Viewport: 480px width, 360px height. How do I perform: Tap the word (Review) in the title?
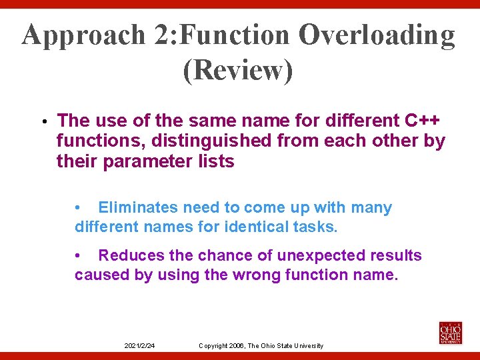pos(238,71)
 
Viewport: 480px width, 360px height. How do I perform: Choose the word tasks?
pos(315,227)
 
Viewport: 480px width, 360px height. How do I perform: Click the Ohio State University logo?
pos(450,333)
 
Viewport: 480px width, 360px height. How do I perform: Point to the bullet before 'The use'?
pos(41,122)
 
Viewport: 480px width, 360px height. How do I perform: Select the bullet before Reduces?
pos(78,256)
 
